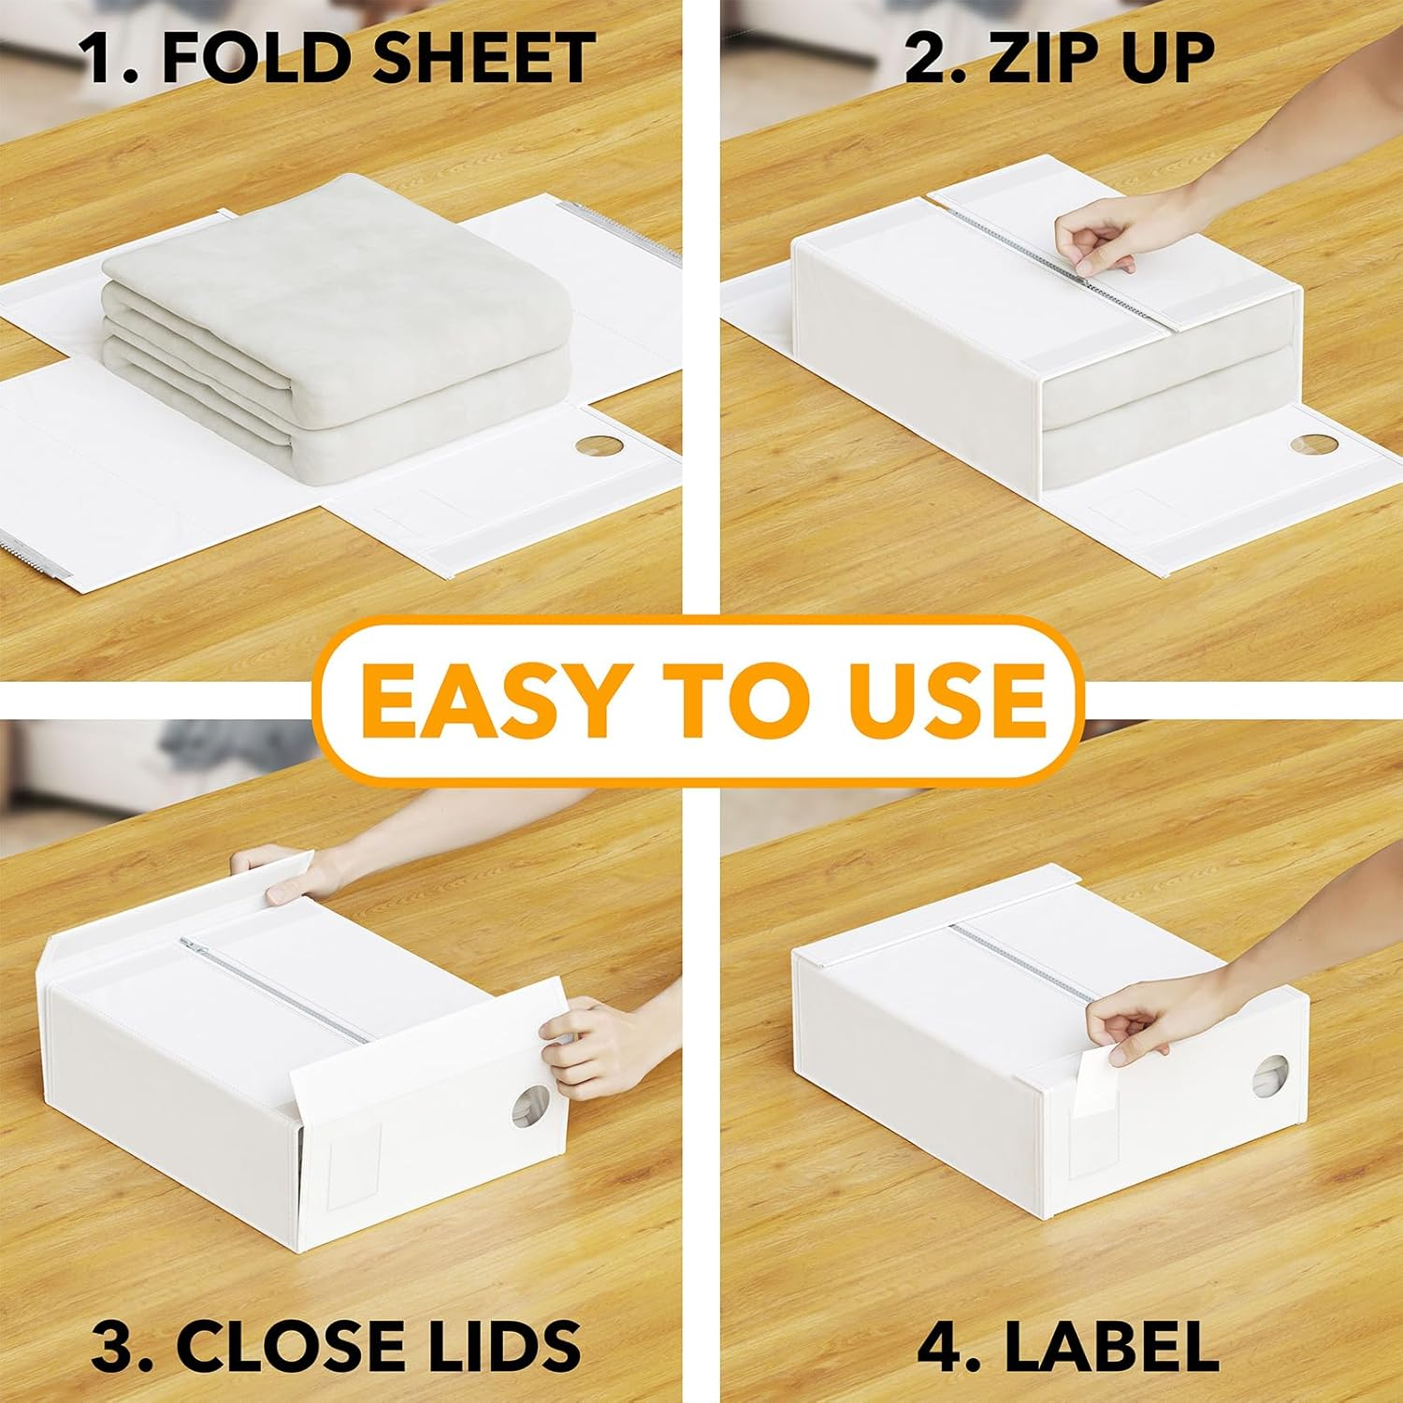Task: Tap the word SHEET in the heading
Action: [x=483, y=58]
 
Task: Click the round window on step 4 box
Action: [x=1270, y=1078]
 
